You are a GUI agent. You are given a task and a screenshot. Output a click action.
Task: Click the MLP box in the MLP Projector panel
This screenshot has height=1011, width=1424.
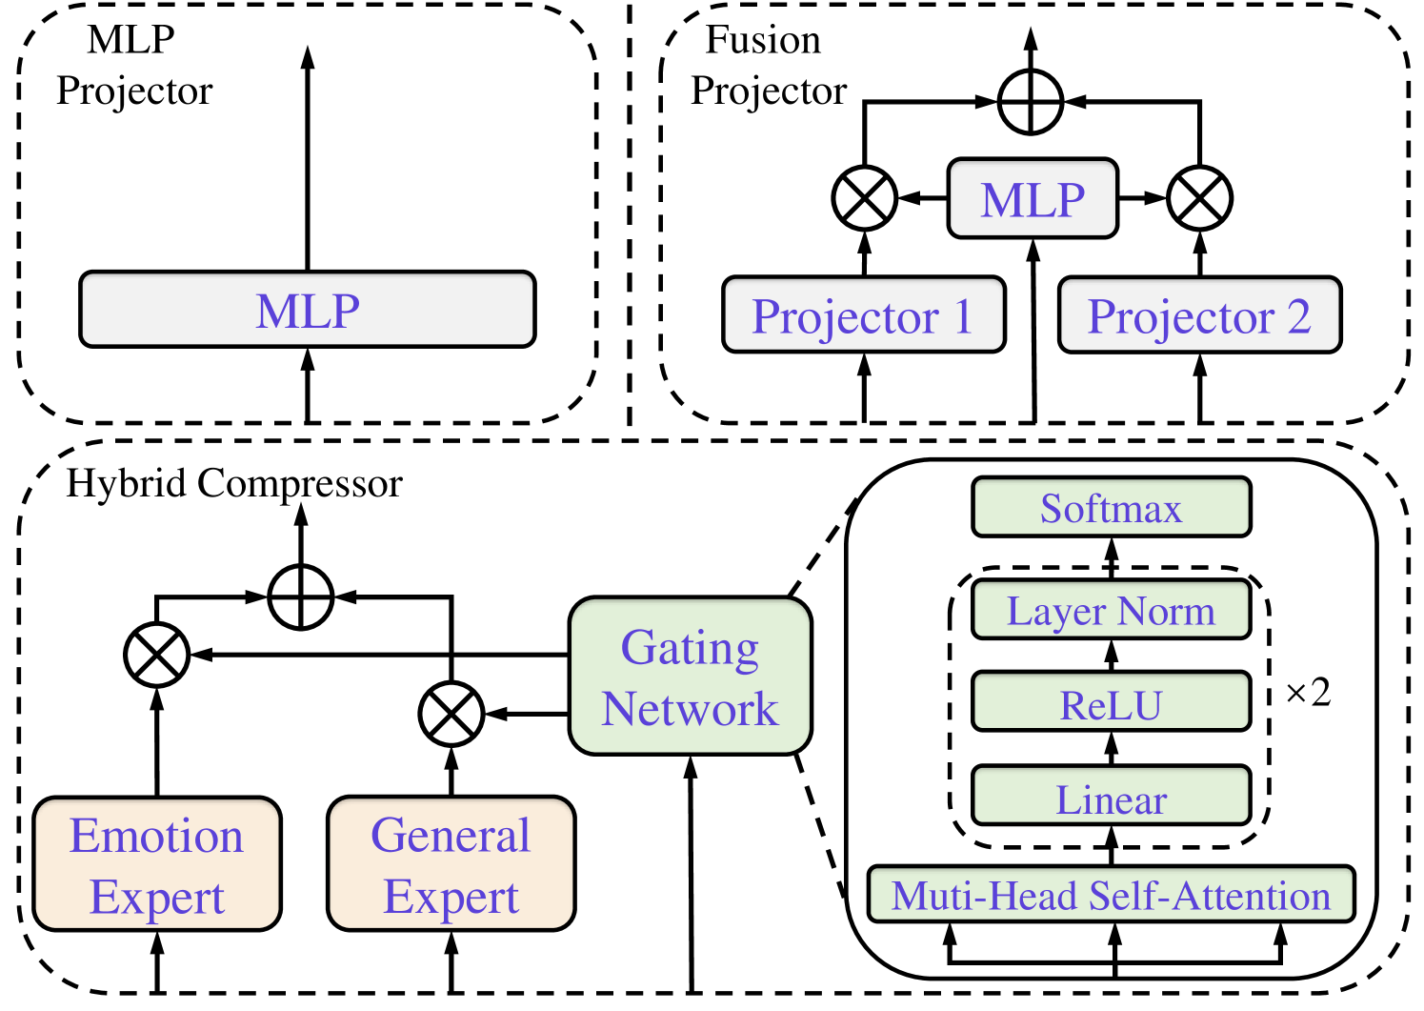click(x=307, y=310)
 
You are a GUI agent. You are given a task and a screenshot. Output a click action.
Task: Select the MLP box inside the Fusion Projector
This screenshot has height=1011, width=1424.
click(x=1033, y=199)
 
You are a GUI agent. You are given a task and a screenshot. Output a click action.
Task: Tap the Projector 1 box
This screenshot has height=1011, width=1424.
click(x=863, y=315)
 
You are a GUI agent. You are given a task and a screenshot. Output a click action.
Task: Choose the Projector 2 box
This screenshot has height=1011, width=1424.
click(x=1199, y=315)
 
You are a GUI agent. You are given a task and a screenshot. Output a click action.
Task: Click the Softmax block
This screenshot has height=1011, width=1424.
click(x=1111, y=508)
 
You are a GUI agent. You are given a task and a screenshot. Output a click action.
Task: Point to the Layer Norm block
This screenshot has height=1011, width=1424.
click(x=1111, y=610)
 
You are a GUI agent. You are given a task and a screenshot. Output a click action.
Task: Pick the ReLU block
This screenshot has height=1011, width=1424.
click(x=1111, y=703)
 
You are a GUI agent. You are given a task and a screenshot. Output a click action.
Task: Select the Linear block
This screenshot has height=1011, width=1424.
click(x=1111, y=797)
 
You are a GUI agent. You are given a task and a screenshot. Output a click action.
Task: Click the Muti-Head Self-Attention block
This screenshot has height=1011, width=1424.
click(x=1111, y=895)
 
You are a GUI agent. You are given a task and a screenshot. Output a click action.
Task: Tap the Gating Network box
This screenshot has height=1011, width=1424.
click(x=690, y=677)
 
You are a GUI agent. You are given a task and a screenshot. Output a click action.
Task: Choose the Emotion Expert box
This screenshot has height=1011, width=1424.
click(x=157, y=864)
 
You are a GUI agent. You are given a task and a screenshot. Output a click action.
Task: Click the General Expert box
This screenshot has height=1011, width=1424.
click(x=451, y=864)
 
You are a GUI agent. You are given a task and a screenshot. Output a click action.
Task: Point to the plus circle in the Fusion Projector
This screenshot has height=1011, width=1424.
click(x=1031, y=101)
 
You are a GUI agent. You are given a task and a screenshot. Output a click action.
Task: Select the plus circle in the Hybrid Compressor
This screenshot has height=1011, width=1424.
click(x=301, y=597)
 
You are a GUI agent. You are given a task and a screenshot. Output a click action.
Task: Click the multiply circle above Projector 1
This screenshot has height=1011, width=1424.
click(x=864, y=199)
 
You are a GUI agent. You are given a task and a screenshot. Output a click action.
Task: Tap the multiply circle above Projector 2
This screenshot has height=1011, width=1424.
click(x=1199, y=199)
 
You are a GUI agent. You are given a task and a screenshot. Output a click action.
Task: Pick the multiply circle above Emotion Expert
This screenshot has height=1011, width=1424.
click(x=157, y=655)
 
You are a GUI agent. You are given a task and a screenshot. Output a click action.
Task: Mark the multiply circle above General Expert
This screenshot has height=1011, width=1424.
click(x=451, y=714)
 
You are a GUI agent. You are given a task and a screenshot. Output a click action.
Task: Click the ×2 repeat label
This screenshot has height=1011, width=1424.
click(x=1308, y=693)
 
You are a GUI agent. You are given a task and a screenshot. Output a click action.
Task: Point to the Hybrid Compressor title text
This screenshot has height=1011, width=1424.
click(x=234, y=484)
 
